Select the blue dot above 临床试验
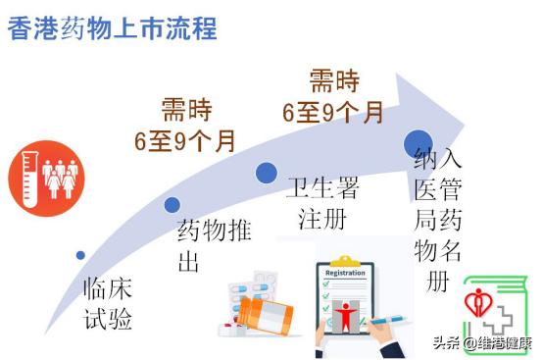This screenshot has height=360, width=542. click(x=80, y=255)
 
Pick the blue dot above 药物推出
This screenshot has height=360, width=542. click(x=172, y=205)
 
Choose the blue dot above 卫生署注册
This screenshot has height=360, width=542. click(x=266, y=174)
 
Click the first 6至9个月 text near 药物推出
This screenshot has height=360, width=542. click(x=185, y=140)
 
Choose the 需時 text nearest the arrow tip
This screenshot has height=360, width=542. click(x=333, y=81)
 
